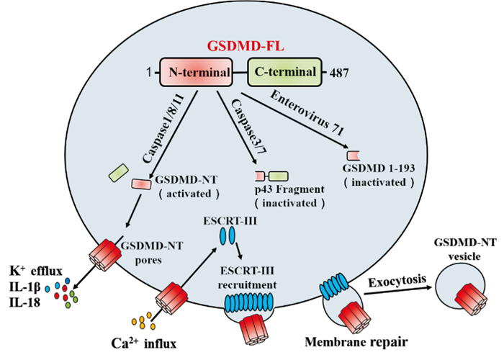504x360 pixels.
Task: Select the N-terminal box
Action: point(195,72)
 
